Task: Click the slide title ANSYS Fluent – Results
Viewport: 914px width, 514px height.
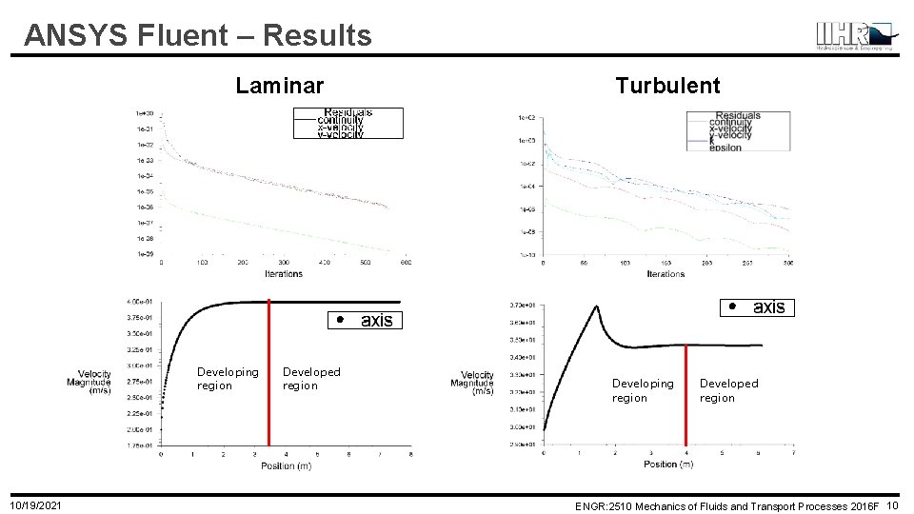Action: point(198,35)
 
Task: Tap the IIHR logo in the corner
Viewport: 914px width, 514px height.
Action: point(855,35)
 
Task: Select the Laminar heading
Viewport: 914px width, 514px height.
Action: point(280,86)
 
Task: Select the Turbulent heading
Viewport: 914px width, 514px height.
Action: point(667,86)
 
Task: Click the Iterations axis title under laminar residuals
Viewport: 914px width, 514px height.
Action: point(284,274)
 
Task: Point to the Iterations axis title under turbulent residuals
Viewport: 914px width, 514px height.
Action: point(666,274)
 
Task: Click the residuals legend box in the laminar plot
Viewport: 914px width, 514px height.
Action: point(348,124)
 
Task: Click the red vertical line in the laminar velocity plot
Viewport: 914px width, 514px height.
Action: point(268,371)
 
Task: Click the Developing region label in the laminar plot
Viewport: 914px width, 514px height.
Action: point(227,379)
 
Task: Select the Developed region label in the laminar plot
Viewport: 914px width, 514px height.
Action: point(311,379)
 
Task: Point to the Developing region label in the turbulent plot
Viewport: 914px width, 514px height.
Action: point(642,390)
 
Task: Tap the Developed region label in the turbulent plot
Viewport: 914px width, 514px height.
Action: point(728,390)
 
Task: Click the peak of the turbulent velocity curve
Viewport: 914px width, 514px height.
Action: point(596,306)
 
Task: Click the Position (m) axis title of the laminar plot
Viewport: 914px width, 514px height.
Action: point(286,465)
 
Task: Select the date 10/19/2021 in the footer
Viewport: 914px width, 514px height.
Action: point(36,504)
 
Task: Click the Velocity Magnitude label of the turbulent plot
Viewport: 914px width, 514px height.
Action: point(477,383)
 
